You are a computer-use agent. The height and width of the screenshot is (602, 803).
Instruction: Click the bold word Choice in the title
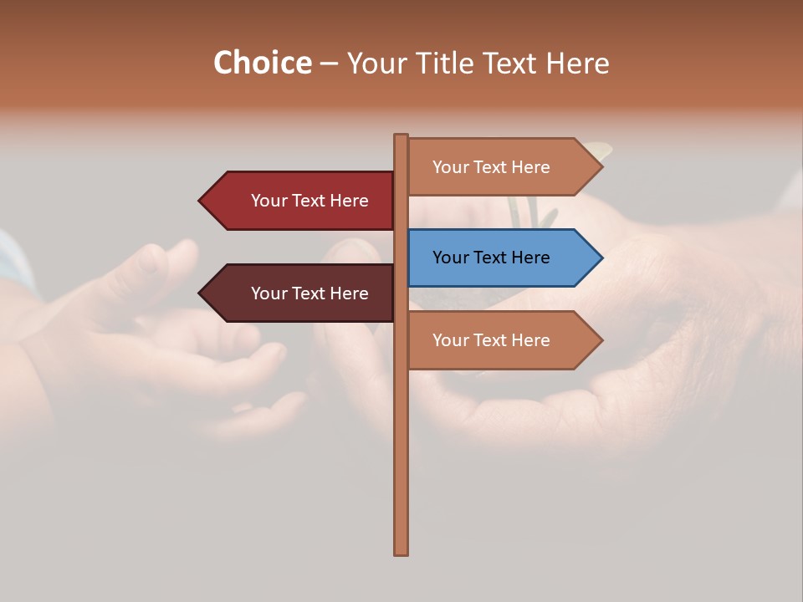pos(262,63)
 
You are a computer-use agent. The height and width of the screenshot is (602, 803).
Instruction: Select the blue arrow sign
pos(502,258)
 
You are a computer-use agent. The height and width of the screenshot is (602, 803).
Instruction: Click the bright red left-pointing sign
pos(301,201)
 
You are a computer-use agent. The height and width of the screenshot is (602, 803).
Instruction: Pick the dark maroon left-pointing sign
pos(301,293)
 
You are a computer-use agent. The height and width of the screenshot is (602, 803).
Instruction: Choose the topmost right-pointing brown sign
pos(502,167)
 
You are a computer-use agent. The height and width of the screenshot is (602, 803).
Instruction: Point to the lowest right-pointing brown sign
pos(502,340)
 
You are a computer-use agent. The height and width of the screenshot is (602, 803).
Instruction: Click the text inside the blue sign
pos(491,258)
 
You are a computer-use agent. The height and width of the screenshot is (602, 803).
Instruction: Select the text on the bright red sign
pos(309,201)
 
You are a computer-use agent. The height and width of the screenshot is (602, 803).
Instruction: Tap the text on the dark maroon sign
pos(309,293)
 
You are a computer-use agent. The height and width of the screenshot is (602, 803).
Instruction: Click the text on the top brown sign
pos(491,167)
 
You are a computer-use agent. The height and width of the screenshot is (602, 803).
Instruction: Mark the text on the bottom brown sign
pos(491,340)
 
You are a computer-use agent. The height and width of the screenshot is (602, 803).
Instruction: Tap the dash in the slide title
pos(329,64)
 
